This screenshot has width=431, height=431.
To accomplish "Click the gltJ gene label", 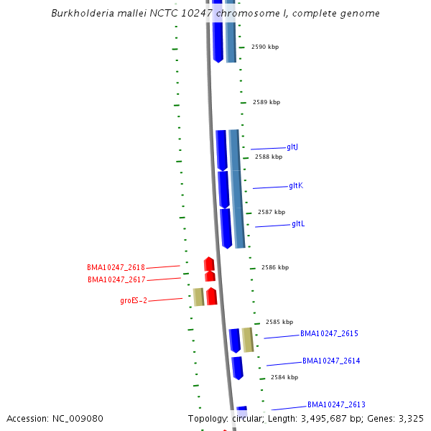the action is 292,147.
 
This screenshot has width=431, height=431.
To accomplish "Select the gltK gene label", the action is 296,185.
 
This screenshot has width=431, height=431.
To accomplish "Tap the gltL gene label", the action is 298,224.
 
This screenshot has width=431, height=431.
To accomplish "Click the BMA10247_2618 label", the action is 116,267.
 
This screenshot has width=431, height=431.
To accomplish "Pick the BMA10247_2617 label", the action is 116,279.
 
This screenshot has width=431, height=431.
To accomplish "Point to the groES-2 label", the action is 134,300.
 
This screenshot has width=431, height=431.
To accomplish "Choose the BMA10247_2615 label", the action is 329,333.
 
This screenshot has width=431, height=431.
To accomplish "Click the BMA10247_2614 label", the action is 331,361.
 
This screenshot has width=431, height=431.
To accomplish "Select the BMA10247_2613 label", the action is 336,404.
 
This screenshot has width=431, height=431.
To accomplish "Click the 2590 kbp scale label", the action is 265,47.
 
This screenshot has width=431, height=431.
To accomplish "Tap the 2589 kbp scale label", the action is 267,102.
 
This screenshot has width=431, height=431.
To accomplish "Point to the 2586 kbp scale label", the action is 275,267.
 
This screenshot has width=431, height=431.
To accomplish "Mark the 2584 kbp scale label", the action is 284,376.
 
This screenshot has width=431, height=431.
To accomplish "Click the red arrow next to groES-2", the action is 212,296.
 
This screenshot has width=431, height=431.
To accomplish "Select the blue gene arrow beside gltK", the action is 223,190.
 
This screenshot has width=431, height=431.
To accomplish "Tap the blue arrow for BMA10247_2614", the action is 237,368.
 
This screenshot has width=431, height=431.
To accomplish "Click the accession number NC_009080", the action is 79,418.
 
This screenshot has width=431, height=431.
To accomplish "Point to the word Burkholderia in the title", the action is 83,14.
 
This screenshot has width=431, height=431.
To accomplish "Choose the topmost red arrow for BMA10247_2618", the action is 209,264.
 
